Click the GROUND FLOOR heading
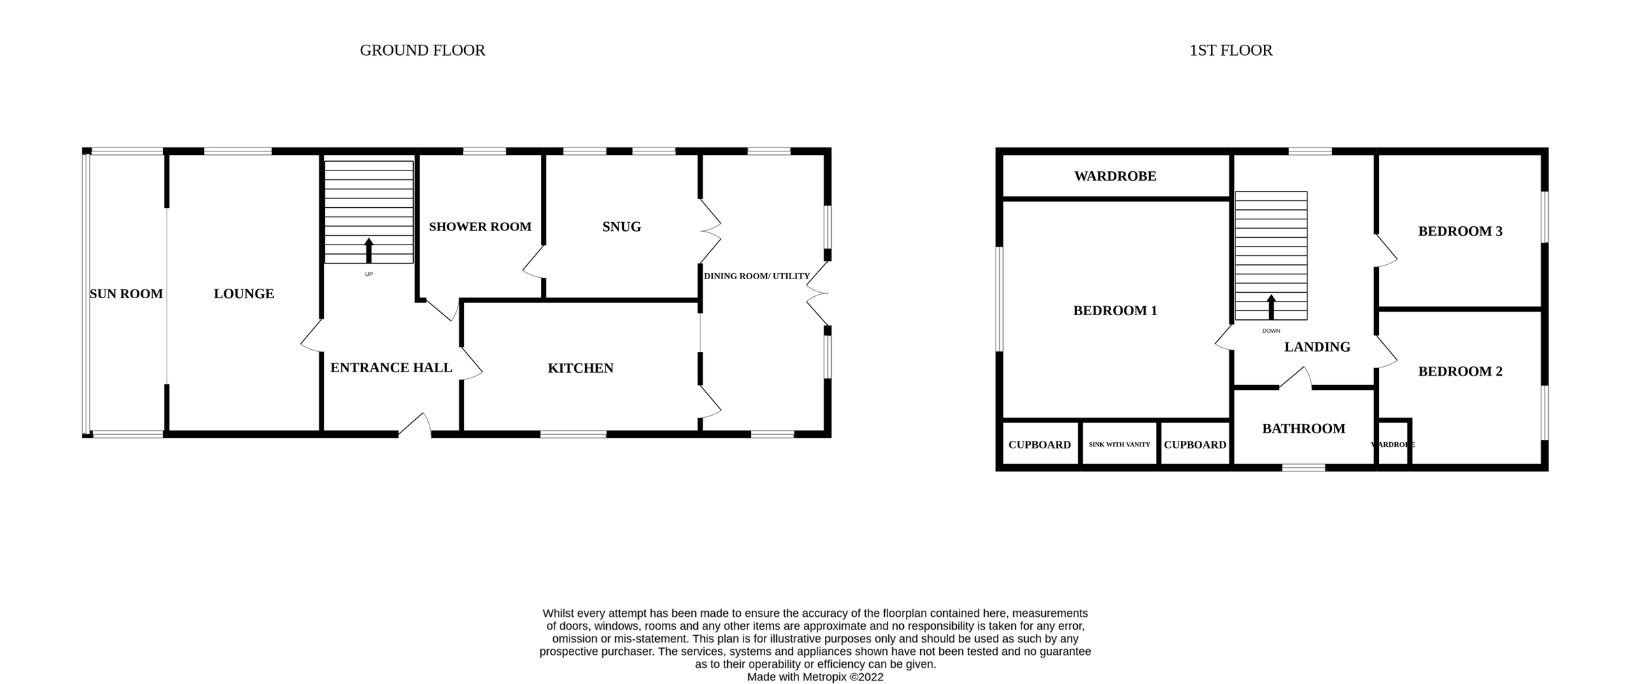422,50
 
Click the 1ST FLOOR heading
1230,50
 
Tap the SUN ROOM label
126,293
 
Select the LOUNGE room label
244,293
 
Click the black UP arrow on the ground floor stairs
369,250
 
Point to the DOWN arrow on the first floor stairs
1271,306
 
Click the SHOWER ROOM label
480,227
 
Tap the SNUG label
621,227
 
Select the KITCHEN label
580,368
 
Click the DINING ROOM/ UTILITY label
756,276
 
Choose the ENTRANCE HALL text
391,367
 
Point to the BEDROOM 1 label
1115,310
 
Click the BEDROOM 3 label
1460,231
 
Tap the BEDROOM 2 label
1460,371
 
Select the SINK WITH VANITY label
1119,444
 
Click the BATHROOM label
1303,429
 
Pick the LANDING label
1316,347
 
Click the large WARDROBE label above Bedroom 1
1115,176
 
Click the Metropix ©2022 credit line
815,677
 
